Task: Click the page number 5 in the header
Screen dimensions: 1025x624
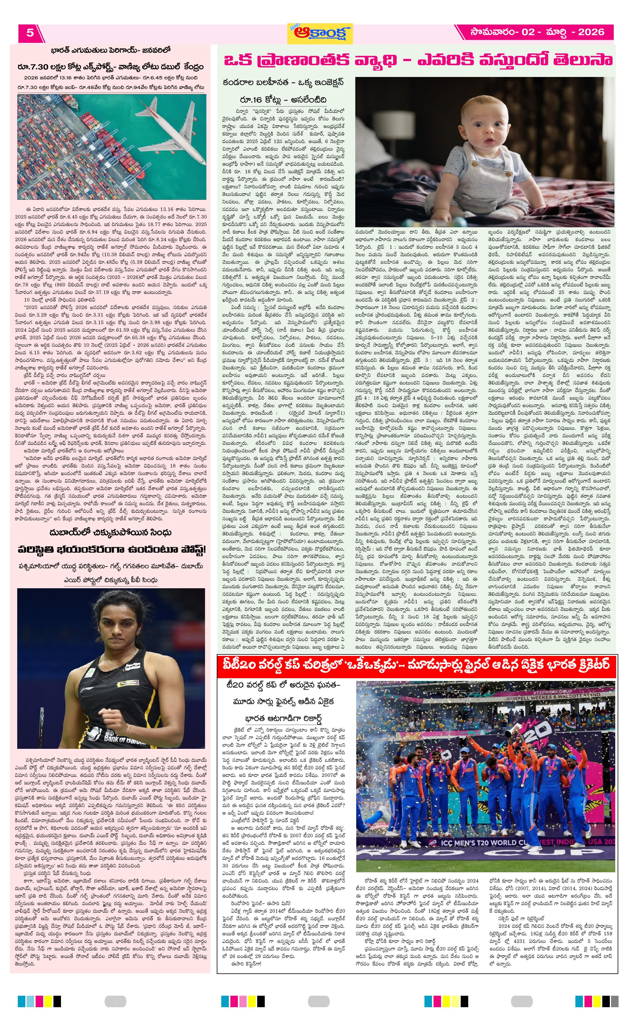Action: point(30,33)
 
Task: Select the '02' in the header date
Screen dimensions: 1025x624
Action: point(528,32)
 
